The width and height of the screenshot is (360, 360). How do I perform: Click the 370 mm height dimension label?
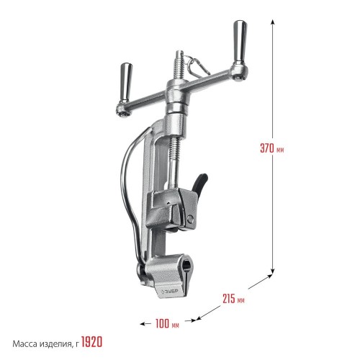point(272,148)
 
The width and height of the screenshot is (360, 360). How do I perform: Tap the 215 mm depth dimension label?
point(233,299)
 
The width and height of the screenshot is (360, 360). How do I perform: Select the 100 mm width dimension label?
point(167,323)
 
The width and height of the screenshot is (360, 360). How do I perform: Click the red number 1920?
point(91,342)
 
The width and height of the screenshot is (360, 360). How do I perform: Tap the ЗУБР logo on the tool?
point(170,292)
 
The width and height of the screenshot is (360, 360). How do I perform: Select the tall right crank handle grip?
point(240,41)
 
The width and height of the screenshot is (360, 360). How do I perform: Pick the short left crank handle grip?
point(126,83)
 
